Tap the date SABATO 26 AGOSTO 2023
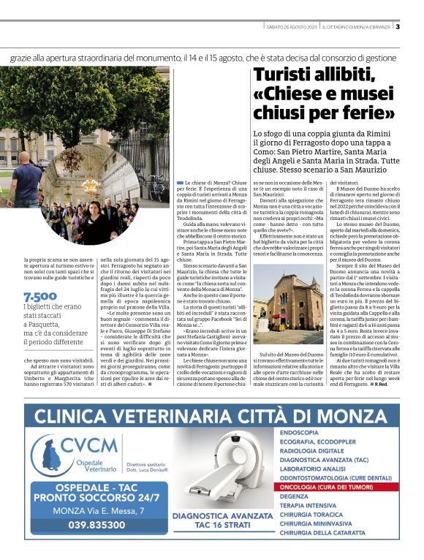[x=292, y=27]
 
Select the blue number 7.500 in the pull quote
[x=36, y=297]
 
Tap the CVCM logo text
[x=89, y=444]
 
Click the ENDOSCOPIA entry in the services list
[x=299, y=433]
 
